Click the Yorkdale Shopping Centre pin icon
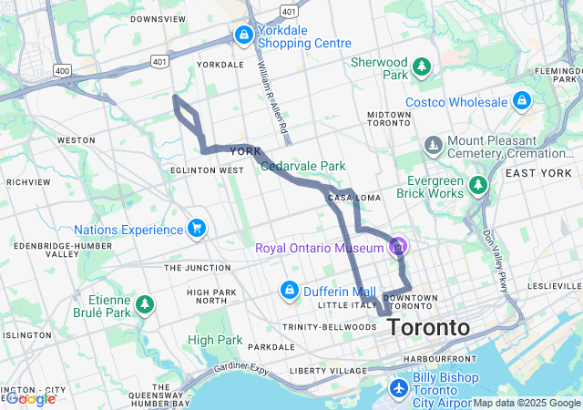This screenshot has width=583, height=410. point(243,36)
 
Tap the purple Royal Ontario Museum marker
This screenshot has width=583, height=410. point(397,246)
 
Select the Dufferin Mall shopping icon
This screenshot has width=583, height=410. point(289,291)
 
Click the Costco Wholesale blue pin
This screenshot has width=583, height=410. point(521,100)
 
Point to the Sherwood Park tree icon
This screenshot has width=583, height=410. point(422,67)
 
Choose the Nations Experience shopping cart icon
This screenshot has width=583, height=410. point(195,229)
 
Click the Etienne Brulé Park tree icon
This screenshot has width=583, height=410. point(144,304)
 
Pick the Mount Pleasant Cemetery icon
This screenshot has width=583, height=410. point(434,145)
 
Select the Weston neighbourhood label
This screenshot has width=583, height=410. point(76,140)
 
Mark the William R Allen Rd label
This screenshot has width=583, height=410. point(271,100)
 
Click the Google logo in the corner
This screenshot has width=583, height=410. point(29,398)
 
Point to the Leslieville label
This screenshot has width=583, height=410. point(553,285)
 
